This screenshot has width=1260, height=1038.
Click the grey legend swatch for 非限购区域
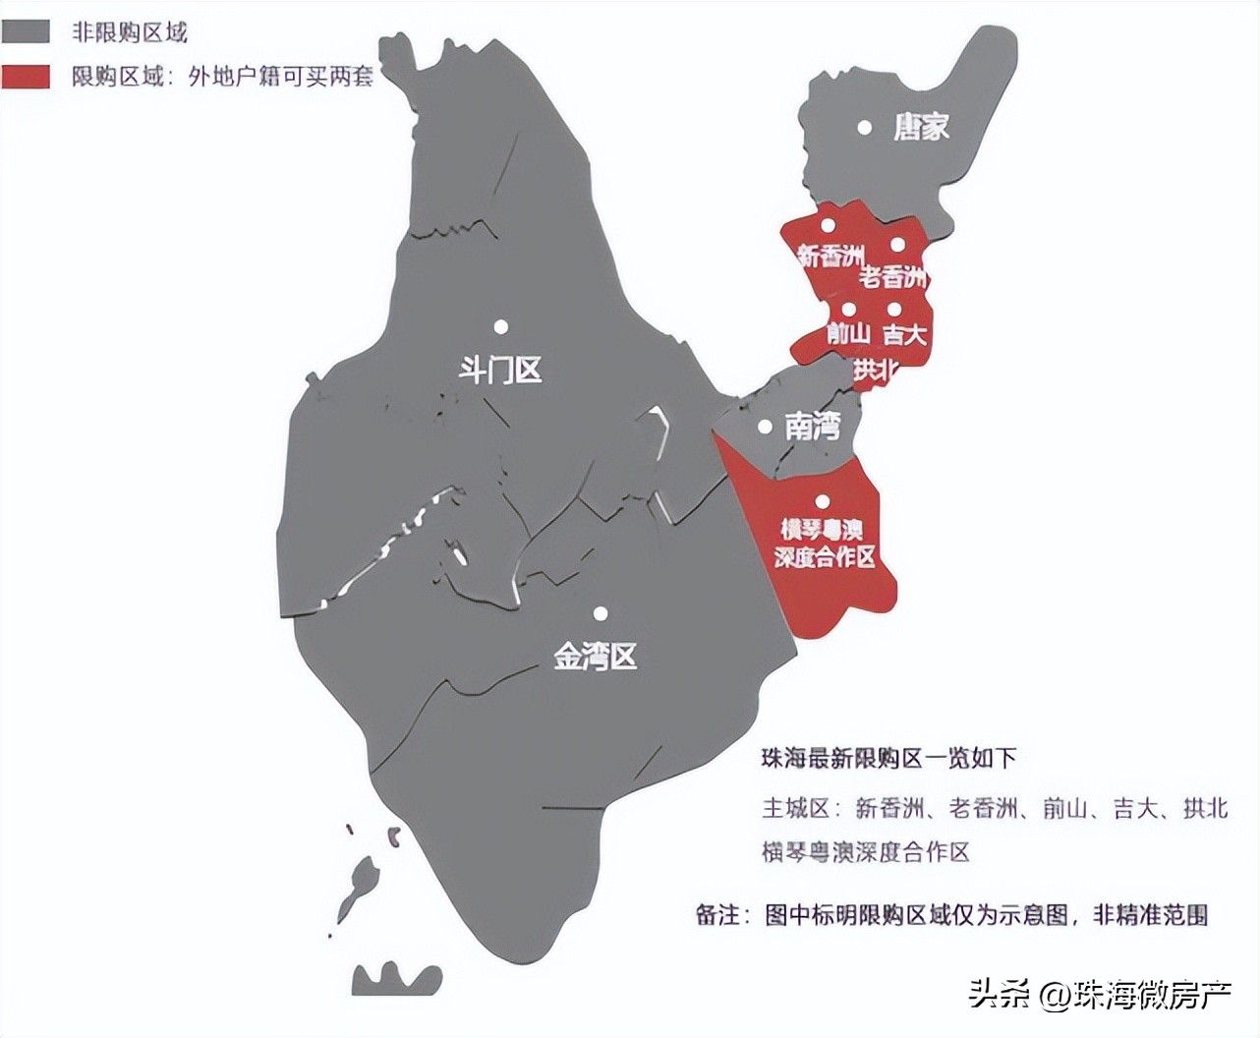click(26, 31)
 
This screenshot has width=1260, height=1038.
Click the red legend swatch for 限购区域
click(26, 77)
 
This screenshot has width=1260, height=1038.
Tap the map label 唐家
click(921, 127)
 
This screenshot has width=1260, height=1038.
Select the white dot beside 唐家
click(865, 127)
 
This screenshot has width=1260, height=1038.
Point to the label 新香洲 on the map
click(830, 256)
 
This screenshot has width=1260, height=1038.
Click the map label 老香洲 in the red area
click(892, 277)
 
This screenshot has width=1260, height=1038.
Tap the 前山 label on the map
click(848, 334)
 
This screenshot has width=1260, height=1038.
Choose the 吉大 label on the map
click(904, 334)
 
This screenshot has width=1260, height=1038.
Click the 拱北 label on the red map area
click(875, 370)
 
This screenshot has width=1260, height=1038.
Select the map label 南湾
click(813, 427)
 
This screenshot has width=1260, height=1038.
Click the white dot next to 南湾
click(765, 427)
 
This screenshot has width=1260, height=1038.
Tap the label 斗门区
click(500, 371)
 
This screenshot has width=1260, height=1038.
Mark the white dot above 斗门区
click(501, 326)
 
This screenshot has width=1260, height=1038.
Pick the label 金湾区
click(596, 656)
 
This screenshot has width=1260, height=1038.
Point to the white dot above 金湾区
click(601, 613)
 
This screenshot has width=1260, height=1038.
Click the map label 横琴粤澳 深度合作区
click(824, 544)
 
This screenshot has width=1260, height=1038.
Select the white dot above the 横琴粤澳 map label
click(822, 501)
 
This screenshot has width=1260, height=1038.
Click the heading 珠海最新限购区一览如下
click(888, 758)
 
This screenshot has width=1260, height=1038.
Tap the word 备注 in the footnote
click(716, 915)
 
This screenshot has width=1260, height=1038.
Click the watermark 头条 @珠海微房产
click(1100, 995)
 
